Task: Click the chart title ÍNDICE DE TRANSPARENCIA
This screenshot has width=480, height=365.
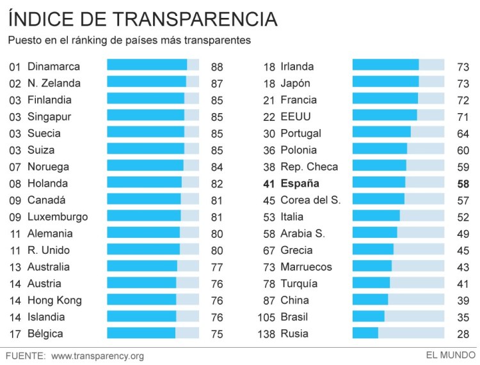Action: (x=143, y=19)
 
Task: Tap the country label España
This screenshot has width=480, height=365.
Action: (x=300, y=183)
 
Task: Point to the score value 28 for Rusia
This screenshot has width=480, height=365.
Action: (x=463, y=334)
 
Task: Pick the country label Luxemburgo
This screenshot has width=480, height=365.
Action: (x=58, y=217)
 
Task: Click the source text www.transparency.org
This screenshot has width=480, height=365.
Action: (x=97, y=355)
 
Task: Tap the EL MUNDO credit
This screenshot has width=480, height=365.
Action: (x=451, y=355)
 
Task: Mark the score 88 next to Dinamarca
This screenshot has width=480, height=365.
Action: (x=217, y=66)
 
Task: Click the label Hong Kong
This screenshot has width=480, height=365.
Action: (x=54, y=300)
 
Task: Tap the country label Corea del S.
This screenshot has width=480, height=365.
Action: (x=310, y=200)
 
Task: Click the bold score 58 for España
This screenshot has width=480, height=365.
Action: (x=463, y=184)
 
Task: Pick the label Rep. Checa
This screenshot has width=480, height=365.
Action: (x=309, y=167)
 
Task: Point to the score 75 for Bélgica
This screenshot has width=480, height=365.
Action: (x=217, y=334)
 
